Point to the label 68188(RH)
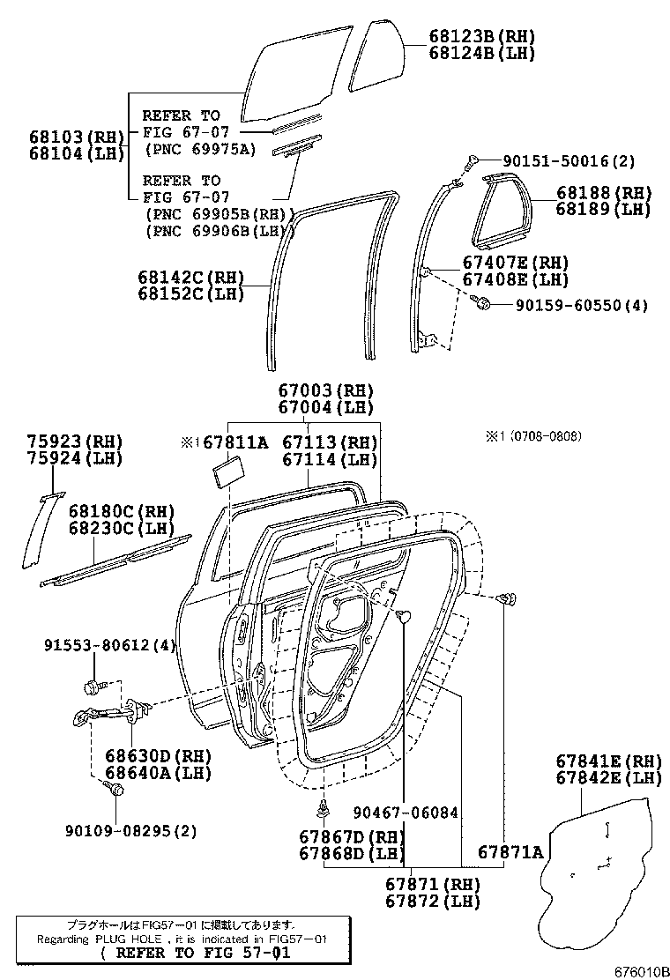pos(603,193)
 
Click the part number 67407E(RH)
pos(516,263)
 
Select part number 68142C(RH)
pos(190,277)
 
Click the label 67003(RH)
pos(325,390)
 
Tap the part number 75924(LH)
pos(74,458)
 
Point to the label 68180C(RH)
pos(122,512)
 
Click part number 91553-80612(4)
pos(110,646)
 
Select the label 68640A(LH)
pos(159,773)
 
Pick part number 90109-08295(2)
pos(130,830)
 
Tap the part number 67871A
pos(510,852)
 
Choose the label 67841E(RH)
pos(609,761)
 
